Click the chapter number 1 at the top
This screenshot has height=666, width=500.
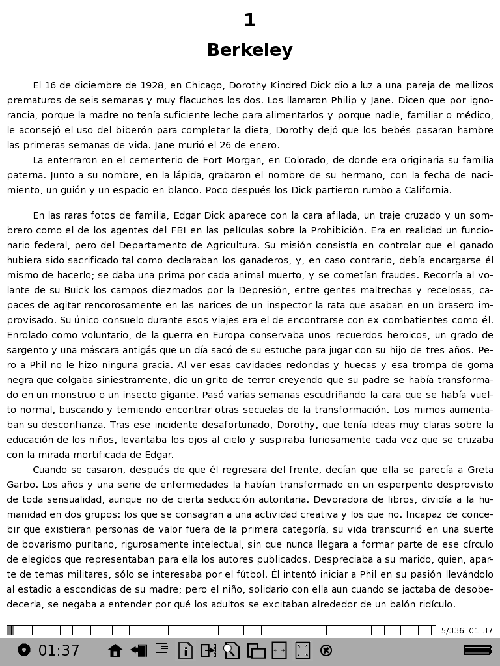click(249, 21)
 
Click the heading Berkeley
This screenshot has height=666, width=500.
click(249, 50)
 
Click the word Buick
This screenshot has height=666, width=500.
click(75, 290)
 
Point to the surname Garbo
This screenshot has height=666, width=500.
click(22, 485)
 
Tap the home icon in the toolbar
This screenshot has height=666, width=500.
click(115, 650)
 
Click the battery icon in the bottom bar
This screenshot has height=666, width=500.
click(477, 650)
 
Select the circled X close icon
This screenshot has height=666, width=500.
click(327, 650)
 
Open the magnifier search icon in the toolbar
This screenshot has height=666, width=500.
click(231, 650)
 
